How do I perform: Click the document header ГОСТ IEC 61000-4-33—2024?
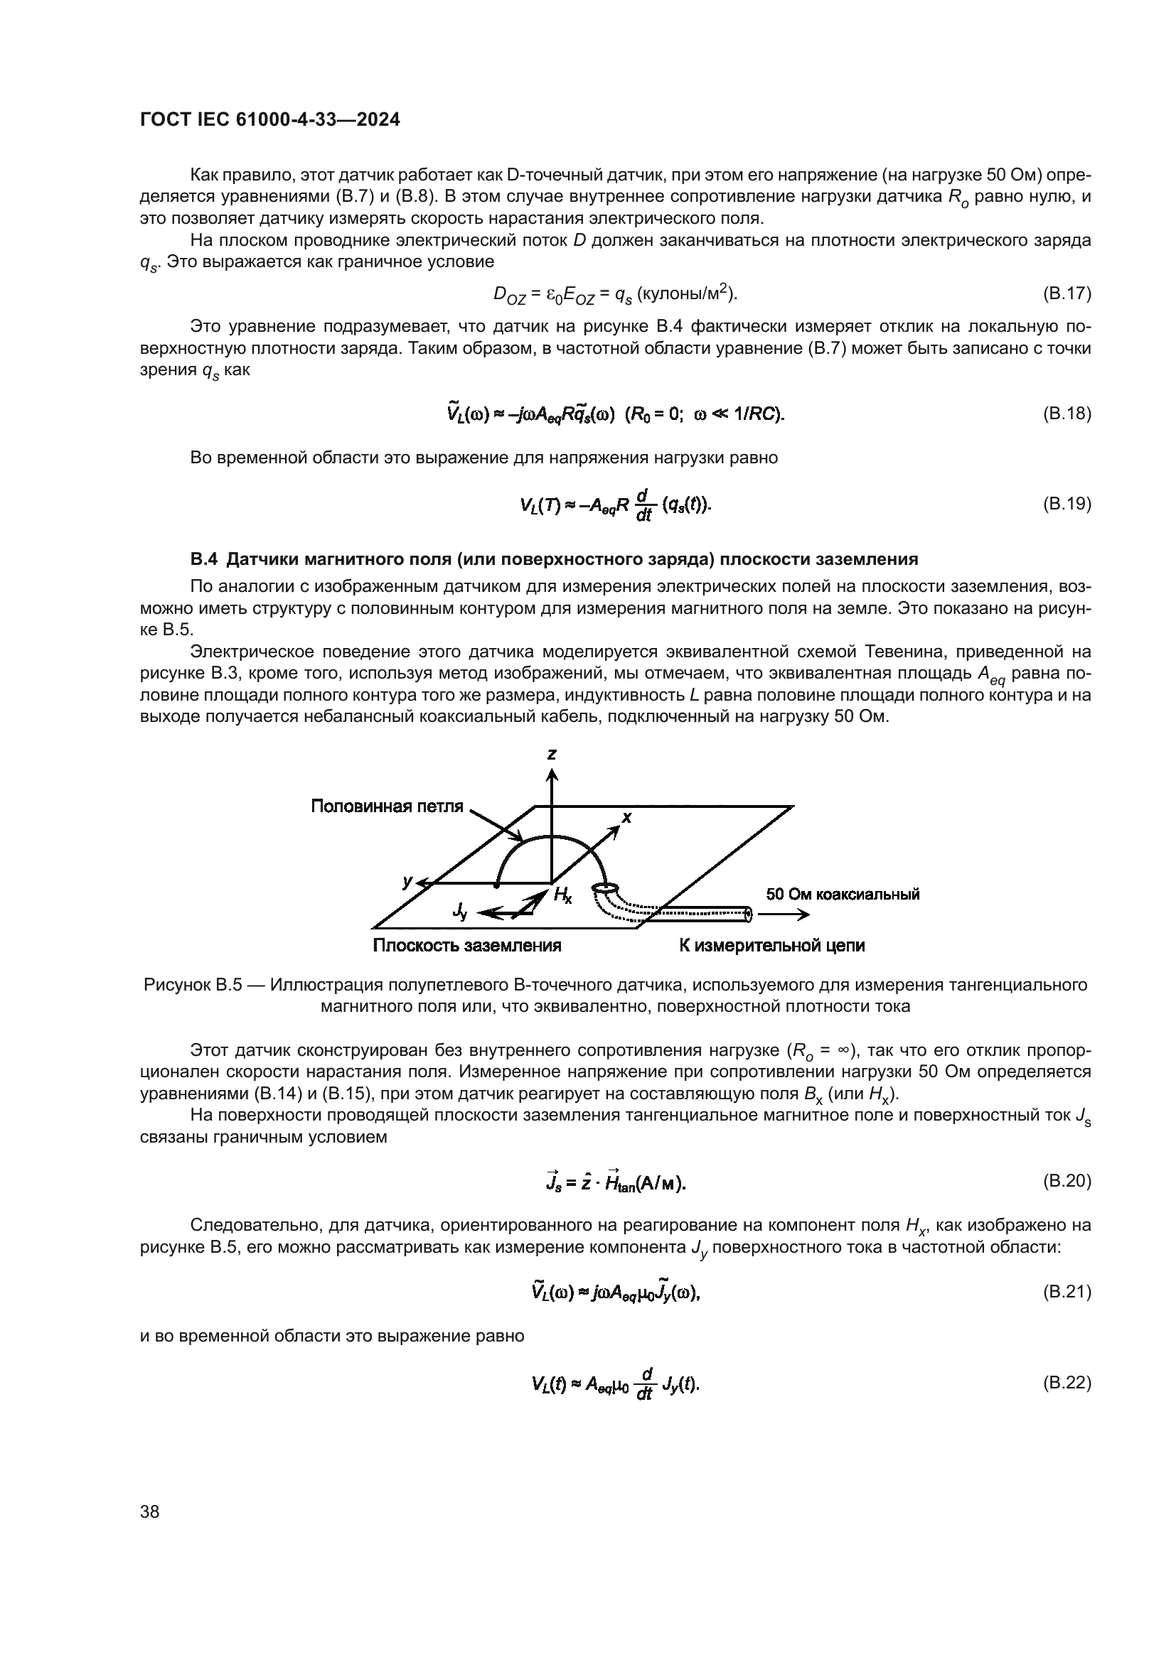pos(269,120)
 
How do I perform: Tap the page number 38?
pos(150,1511)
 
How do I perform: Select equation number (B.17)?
pos(1067,293)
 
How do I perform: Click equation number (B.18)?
pos(1067,414)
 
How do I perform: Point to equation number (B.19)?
pos(1067,504)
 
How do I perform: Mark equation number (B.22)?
pos(1067,1383)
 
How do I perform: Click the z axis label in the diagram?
pos(552,755)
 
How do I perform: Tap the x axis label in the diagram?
pos(627,817)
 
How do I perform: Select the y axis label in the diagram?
pos(407,881)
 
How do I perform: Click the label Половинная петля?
pos(387,806)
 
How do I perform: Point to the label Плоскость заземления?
pos(467,945)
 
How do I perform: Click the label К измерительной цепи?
pos(772,945)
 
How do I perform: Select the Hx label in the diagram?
pos(562,895)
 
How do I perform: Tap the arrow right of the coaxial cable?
pos(784,914)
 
